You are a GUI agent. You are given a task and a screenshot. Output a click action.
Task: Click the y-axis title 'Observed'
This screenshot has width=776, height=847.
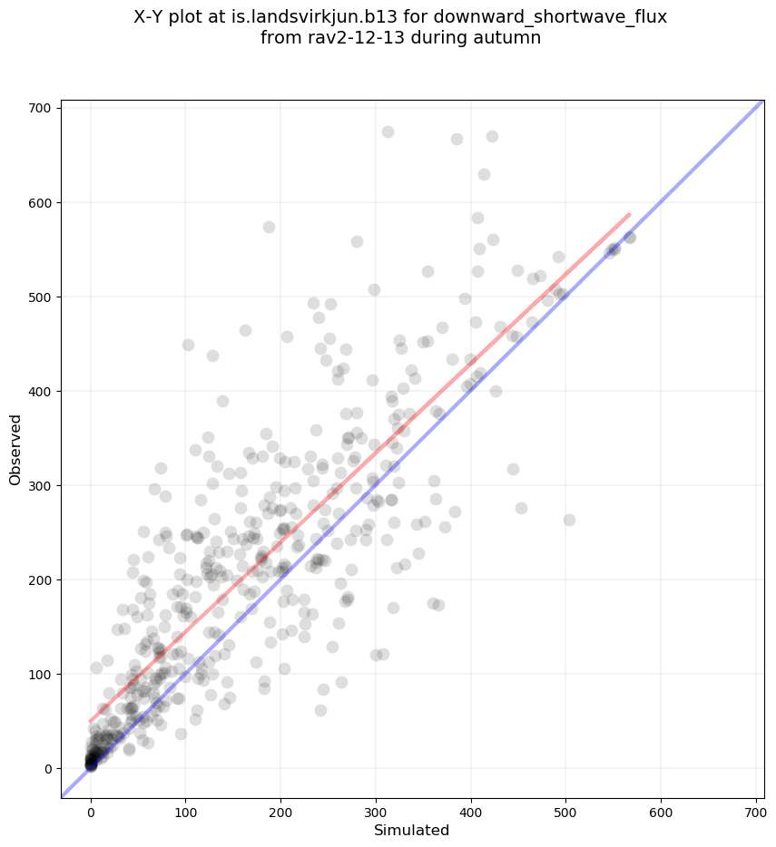(x=15, y=449)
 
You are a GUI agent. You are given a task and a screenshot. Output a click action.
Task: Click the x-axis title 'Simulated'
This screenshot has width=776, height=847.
(x=412, y=831)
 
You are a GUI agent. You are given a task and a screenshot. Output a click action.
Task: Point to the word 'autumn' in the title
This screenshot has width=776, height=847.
(x=511, y=38)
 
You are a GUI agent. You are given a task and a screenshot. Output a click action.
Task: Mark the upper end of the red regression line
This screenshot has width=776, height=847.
(x=629, y=215)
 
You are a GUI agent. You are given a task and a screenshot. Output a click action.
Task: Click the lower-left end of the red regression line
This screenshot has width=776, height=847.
(x=91, y=721)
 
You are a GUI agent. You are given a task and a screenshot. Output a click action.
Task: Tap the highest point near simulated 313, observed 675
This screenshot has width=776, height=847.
(x=388, y=131)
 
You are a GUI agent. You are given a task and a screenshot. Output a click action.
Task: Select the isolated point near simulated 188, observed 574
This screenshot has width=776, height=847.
(x=269, y=227)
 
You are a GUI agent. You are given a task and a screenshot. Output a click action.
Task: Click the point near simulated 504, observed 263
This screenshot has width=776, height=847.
(x=569, y=520)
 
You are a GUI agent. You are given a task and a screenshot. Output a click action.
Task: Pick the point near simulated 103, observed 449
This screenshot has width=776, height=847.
(x=188, y=345)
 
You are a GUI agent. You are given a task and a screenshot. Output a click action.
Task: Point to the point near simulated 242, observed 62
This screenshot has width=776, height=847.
(x=320, y=710)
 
